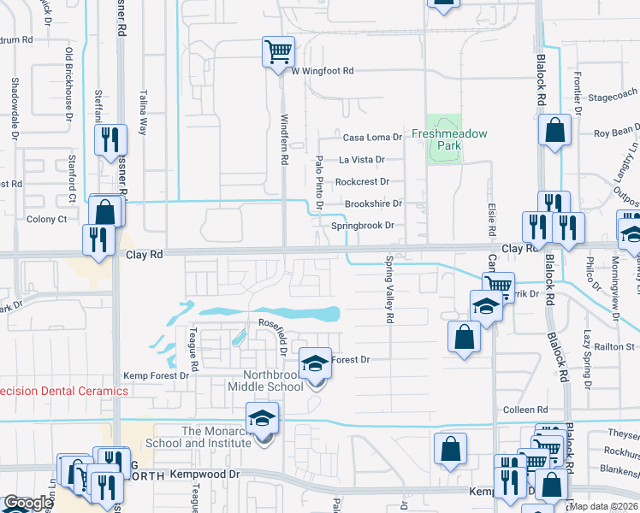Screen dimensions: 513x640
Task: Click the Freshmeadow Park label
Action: point(448,139)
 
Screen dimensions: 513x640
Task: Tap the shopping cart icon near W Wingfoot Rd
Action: point(278,51)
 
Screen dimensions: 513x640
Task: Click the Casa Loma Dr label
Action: point(372,137)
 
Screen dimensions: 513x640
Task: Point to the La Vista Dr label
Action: point(362,159)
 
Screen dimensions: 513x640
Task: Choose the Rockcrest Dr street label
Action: point(362,181)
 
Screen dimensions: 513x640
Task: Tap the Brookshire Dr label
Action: point(373,203)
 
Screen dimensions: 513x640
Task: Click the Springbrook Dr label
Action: point(362,226)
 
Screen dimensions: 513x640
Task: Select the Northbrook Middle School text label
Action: point(262,380)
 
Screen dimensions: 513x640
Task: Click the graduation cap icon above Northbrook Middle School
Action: point(315,363)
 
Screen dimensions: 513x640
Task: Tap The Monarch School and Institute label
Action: point(202,437)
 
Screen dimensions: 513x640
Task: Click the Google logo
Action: point(27,503)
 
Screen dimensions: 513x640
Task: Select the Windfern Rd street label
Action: point(285,141)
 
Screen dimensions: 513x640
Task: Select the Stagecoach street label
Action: point(613,96)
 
